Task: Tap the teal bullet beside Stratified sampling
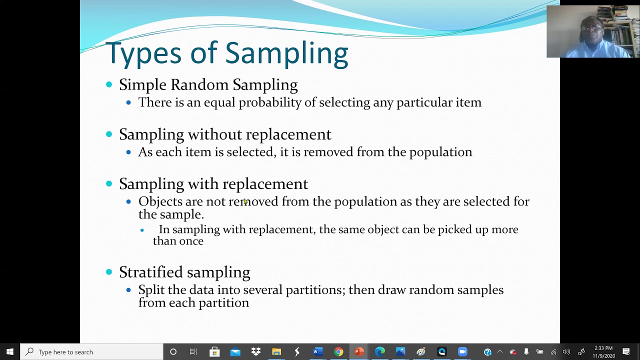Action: tap(109, 272)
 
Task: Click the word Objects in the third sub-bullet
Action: tap(160, 201)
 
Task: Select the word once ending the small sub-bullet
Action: tap(192, 241)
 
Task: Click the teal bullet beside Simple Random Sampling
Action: tap(109, 85)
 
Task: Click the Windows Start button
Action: tap(10, 352)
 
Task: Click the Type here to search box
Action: tap(92, 352)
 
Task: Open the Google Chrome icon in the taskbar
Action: tap(338, 352)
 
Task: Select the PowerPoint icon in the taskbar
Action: tap(359, 352)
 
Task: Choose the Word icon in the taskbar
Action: tap(317, 352)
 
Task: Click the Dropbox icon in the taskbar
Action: tap(256, 352)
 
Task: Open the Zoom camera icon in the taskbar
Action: tap(462, 352)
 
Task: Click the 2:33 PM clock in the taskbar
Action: tap(604, 348)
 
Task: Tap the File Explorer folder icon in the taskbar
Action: tap(276, 352)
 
